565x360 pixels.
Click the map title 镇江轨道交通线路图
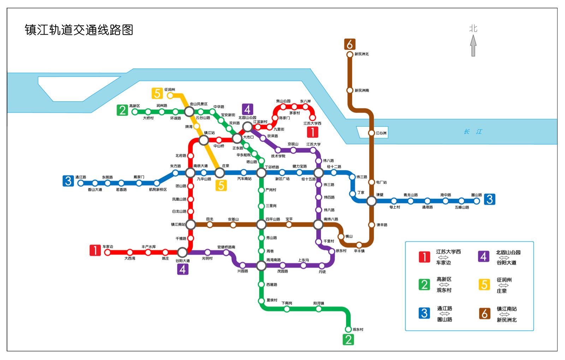79,30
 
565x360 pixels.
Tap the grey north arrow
473,46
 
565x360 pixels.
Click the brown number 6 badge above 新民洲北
350,44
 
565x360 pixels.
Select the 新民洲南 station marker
350,90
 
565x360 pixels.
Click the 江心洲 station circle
371,133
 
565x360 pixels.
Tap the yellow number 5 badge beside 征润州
157,94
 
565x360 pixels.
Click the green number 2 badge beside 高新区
122,110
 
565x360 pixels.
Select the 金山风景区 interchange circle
189,112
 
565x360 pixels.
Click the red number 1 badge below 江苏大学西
313,132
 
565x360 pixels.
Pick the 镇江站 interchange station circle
204,140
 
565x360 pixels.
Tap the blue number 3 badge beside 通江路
68,181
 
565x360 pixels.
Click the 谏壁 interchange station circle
371,201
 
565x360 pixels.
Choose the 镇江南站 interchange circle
191,224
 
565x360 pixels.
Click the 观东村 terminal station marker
348,329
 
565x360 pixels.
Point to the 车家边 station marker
107,252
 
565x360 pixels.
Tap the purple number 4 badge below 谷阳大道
183,269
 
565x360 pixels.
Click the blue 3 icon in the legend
424,313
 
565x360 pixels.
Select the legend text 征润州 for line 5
504,280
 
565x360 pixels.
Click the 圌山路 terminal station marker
477,201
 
